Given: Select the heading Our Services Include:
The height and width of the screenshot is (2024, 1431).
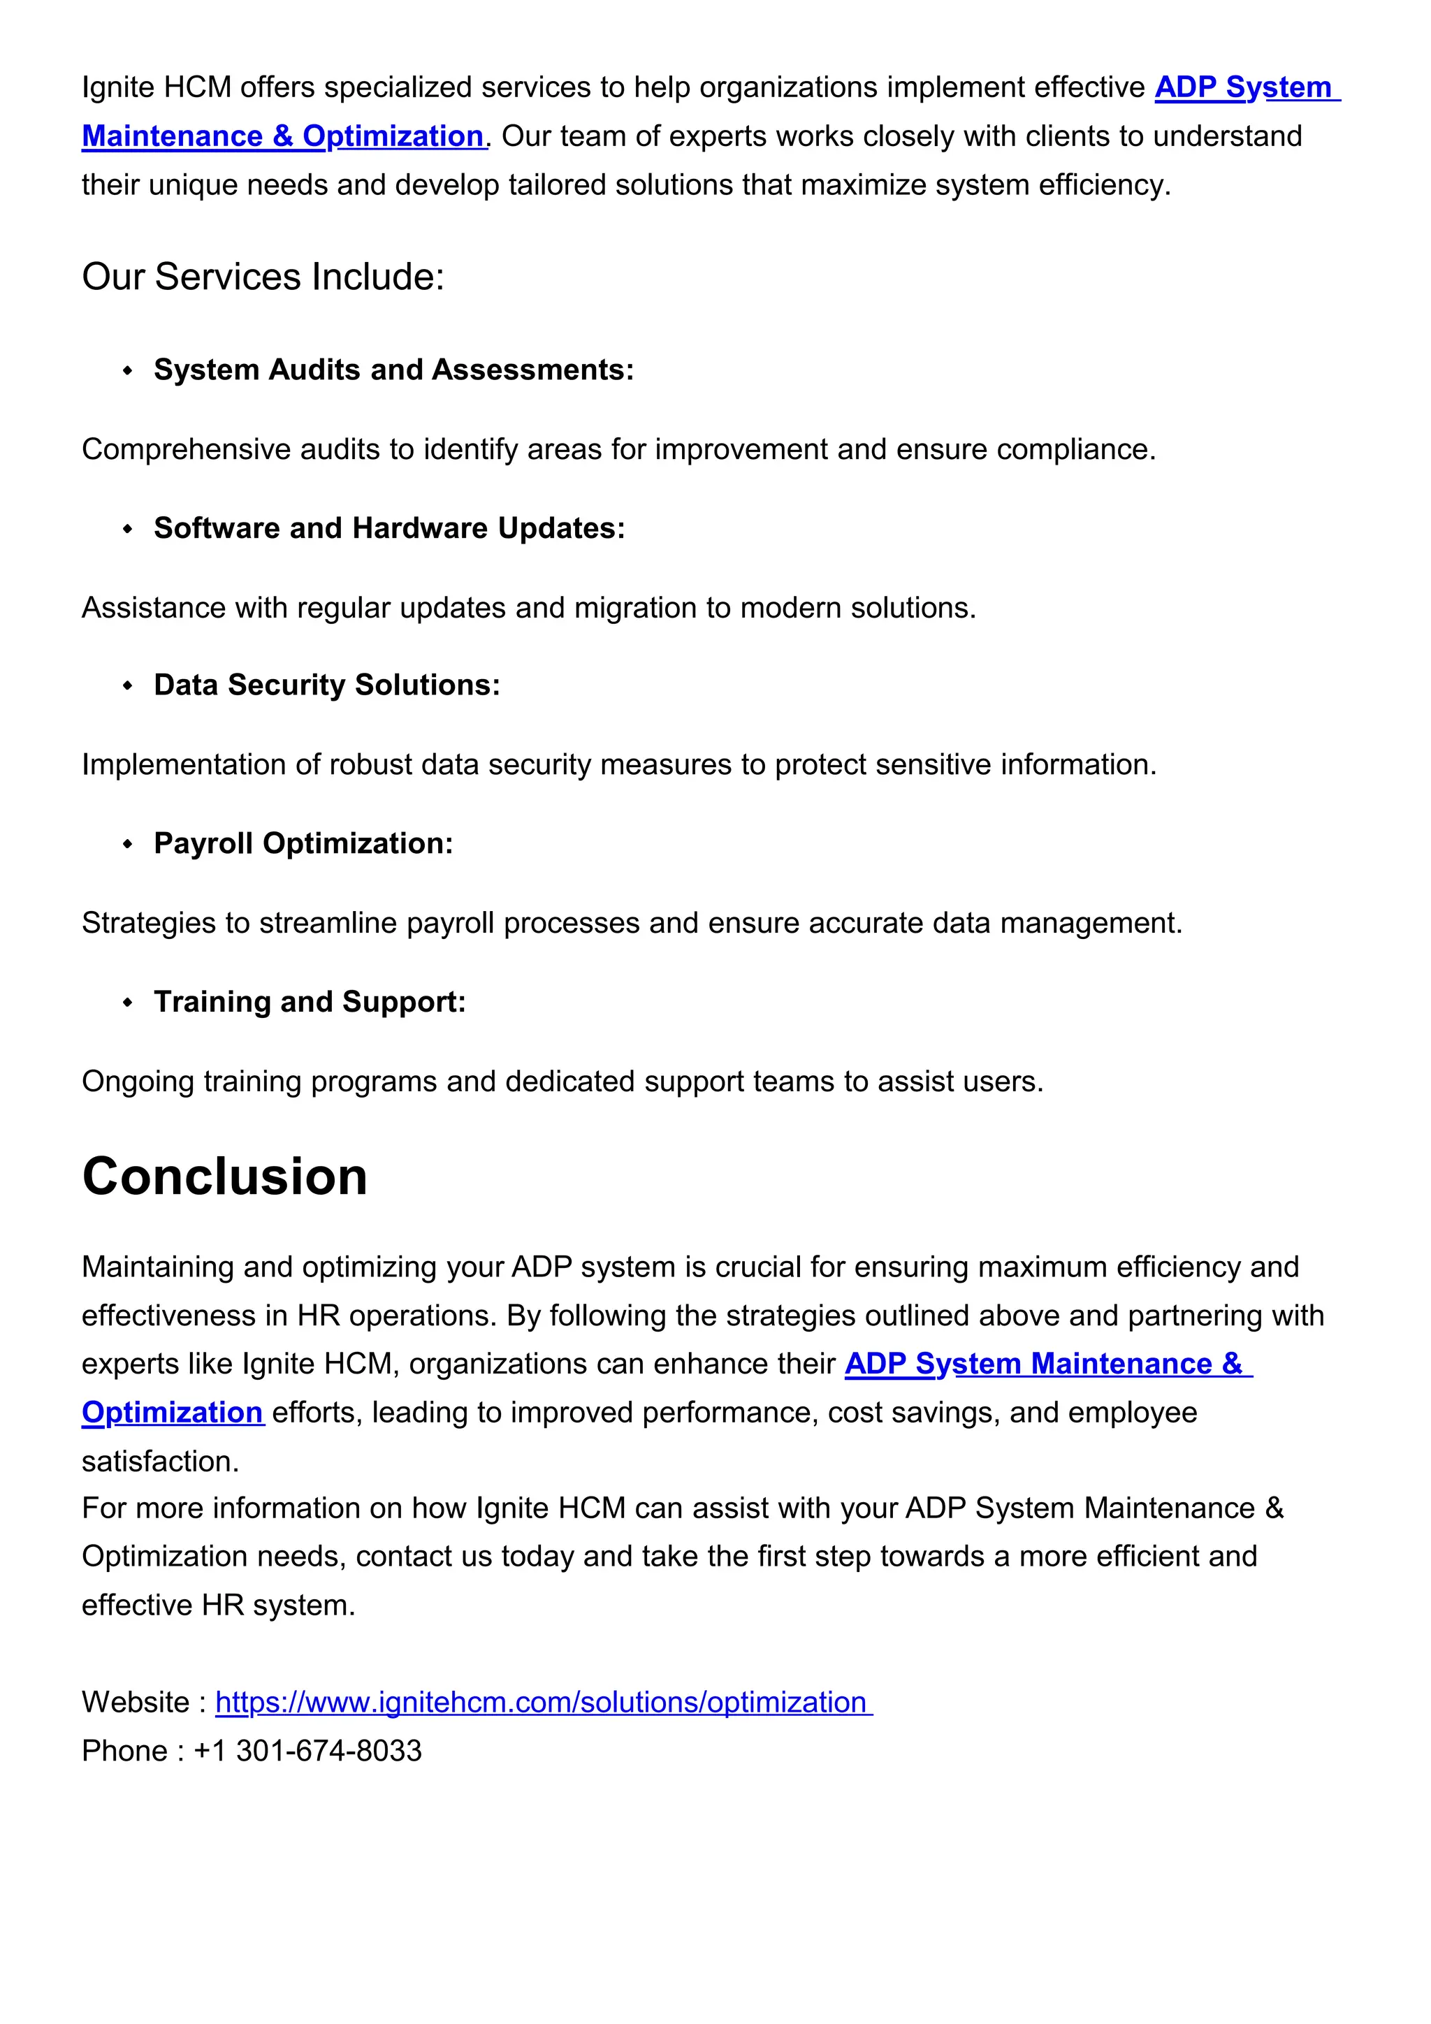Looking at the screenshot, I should (263, 277).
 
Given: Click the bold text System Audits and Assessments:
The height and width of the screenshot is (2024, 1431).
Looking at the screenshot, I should (393, 370).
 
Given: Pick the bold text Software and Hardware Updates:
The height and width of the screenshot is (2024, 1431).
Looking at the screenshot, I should (388, 528).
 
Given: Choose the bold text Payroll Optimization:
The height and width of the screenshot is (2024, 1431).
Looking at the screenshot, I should (303, 844).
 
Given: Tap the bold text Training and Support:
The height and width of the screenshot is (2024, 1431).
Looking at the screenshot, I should (309, 1003).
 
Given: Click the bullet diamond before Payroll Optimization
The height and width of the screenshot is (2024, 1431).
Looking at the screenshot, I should (128, 845).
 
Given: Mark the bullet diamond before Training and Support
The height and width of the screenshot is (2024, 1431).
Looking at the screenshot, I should (128, 1003).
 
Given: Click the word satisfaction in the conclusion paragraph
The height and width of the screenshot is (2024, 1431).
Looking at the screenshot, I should (159, 1462).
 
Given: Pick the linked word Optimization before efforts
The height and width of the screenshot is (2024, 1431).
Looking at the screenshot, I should (173, 1413).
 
